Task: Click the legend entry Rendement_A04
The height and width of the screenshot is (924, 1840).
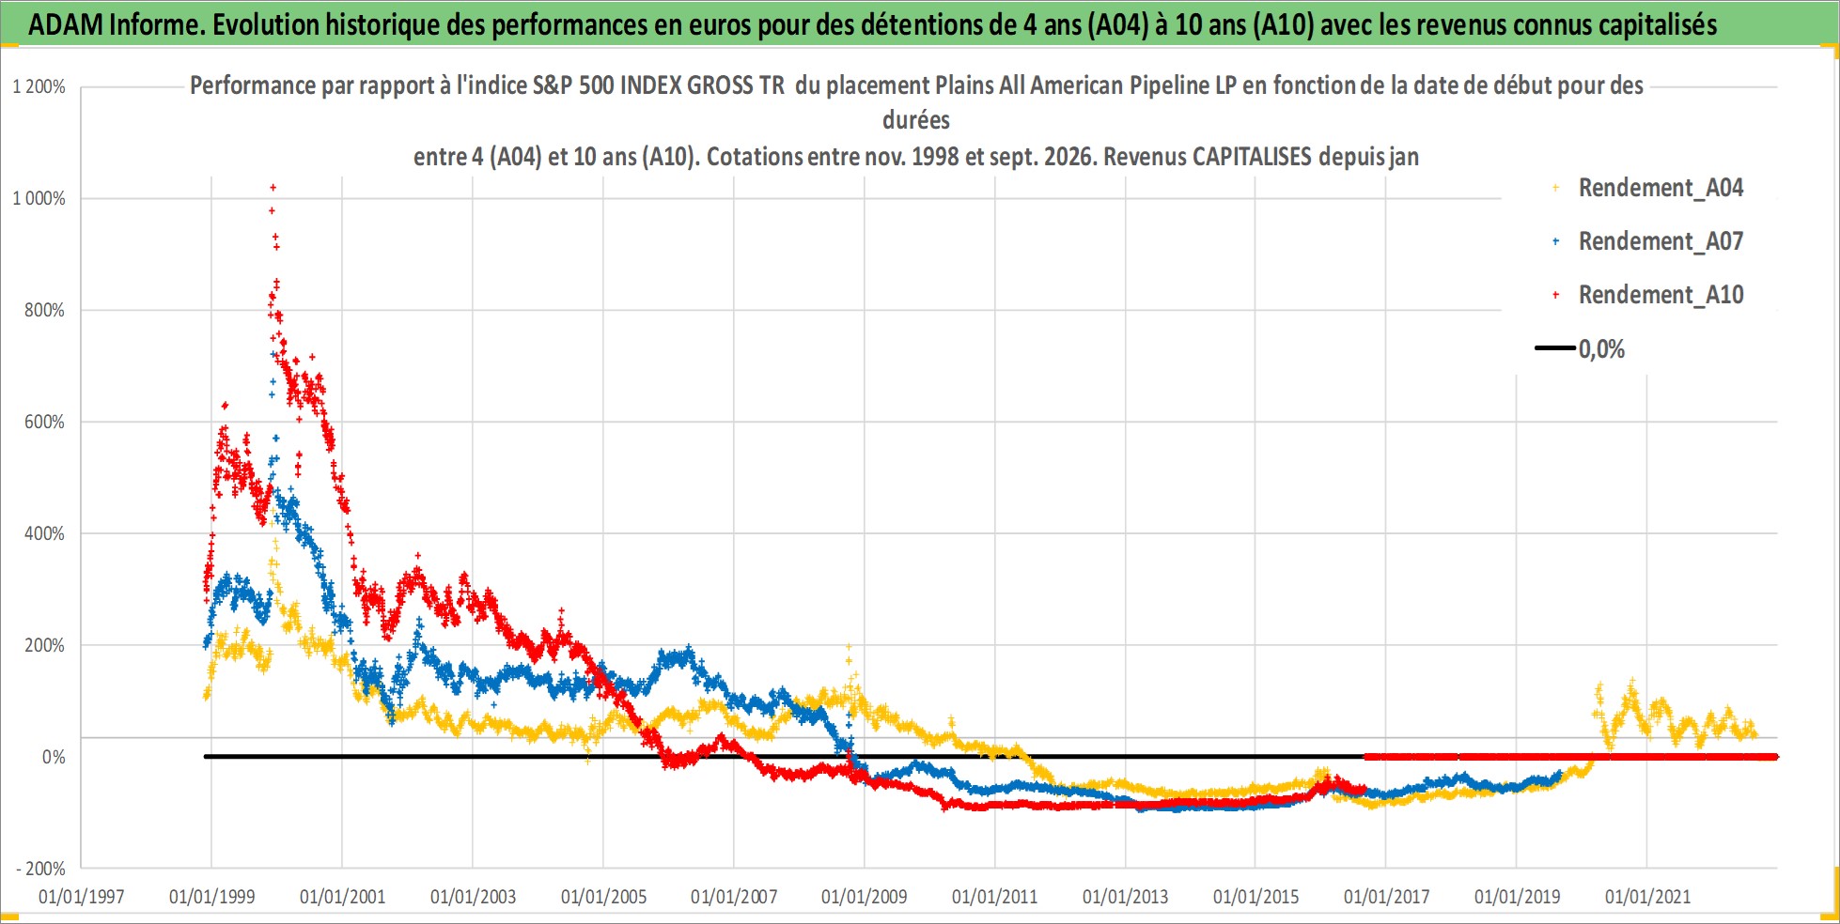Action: (x=1649, y=188)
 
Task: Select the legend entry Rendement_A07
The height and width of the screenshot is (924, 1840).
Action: (x=1649, y=241)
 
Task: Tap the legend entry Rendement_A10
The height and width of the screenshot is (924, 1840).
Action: (x=1649, y=295)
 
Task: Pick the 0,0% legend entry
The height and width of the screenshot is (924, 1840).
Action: (x=1581, y=349)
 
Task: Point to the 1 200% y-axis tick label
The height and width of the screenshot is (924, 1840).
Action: (x=39, y=87)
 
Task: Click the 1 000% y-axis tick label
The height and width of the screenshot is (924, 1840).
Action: (x=39, y=198)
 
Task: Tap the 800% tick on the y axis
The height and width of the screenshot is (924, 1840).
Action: (x=44, y=310)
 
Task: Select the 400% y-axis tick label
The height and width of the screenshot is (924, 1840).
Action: (x=44, y=533)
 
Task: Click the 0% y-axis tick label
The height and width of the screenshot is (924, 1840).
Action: (x=54, y=757)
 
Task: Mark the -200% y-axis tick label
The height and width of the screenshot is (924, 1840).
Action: (x=40, y=869)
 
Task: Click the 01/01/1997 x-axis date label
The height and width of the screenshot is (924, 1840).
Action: (x=81, y=897)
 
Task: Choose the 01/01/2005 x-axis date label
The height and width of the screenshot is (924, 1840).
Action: (x=603, y=897)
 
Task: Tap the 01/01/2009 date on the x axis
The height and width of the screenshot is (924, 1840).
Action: (x=864, y=897)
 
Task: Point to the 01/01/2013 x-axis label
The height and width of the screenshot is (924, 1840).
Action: (x=1125, y=897)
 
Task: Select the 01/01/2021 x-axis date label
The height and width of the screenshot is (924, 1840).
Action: (x=1647, y=897)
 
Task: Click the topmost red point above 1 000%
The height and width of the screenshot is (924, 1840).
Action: (x=273, y=187)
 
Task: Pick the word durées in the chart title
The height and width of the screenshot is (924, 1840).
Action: (x=916, y=120)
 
